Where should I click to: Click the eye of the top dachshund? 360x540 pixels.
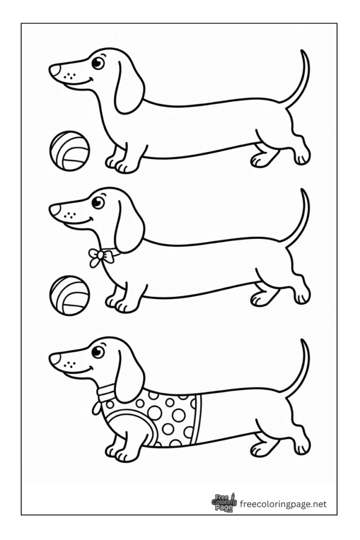tap(98, 63)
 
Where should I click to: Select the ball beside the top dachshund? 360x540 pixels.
tap(69, 151)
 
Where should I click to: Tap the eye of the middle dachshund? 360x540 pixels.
tap(98, 202)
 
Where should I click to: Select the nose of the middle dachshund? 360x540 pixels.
tap(54, 210)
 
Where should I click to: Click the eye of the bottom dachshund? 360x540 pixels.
tap(98, 352)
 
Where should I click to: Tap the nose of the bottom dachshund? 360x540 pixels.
tap(54, 359)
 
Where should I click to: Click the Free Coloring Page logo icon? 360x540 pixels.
tap(224, 504)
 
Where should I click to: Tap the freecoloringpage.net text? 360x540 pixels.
tap(283, 505)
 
